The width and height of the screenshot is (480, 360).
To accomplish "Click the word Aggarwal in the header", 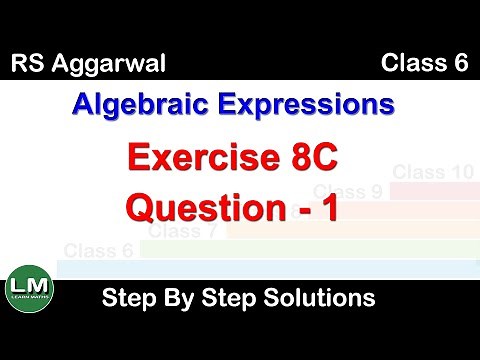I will coord(115,67).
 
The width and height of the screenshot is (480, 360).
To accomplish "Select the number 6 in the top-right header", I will coord(461,66).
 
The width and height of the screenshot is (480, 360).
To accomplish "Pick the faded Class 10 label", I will coord(432,172).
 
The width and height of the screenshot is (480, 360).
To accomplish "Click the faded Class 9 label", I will coord(349,192).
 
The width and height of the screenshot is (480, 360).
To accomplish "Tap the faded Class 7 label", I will coord(184,231).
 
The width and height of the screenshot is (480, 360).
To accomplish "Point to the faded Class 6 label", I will coord(99,250).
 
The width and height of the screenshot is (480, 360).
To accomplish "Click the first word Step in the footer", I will coord(129,297).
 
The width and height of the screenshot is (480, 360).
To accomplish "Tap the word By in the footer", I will coord(181,297).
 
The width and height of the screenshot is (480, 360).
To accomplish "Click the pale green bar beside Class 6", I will coord(300,248).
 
